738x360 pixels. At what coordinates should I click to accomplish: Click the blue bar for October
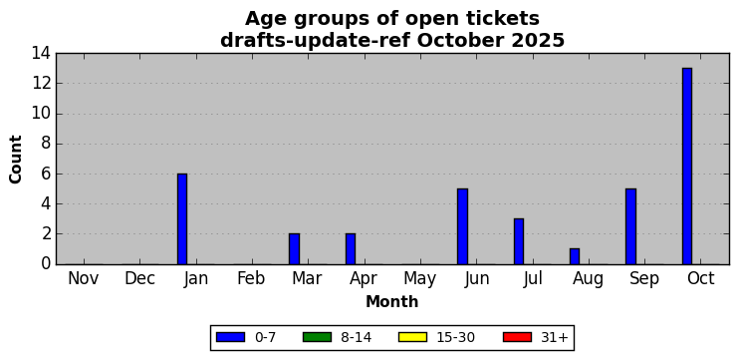click(x=686, y=167)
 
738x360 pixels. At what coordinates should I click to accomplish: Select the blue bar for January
click(x=182, y=219)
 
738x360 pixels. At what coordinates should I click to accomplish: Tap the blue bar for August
click(x=575, y=256)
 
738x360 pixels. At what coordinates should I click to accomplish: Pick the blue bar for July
click(x=519, y=241)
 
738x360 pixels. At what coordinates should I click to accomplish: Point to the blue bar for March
click(x=294, y=249)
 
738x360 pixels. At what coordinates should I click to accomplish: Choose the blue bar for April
click(x=351, y=249)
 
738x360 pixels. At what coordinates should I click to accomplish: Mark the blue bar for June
click(x=463, y=226)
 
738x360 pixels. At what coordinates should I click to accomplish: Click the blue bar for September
click(x=630, y=226)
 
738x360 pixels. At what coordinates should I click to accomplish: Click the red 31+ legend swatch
click(x=517, y=337)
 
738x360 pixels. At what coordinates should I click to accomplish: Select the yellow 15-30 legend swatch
click(x=412, y=337)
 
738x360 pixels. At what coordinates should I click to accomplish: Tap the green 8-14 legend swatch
click(x=317, y=337)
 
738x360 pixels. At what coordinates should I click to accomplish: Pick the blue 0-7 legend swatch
click(x=230, y=337)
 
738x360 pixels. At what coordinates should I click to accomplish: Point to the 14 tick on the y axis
click(x=42, y=53)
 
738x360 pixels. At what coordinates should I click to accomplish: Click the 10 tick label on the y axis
click(x=42, y=114)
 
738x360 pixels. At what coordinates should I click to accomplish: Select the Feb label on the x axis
click(x=251, y=278)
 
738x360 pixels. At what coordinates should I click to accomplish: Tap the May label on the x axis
click(x=419, y=279)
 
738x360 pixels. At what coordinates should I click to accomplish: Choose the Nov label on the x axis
click(x=84, y=278)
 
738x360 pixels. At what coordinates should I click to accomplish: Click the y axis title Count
click(x=16, y=160)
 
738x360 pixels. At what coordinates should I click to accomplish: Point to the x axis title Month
click(x=392, y=301)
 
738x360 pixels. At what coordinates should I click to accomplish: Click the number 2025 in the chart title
click(x=538, y=41)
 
